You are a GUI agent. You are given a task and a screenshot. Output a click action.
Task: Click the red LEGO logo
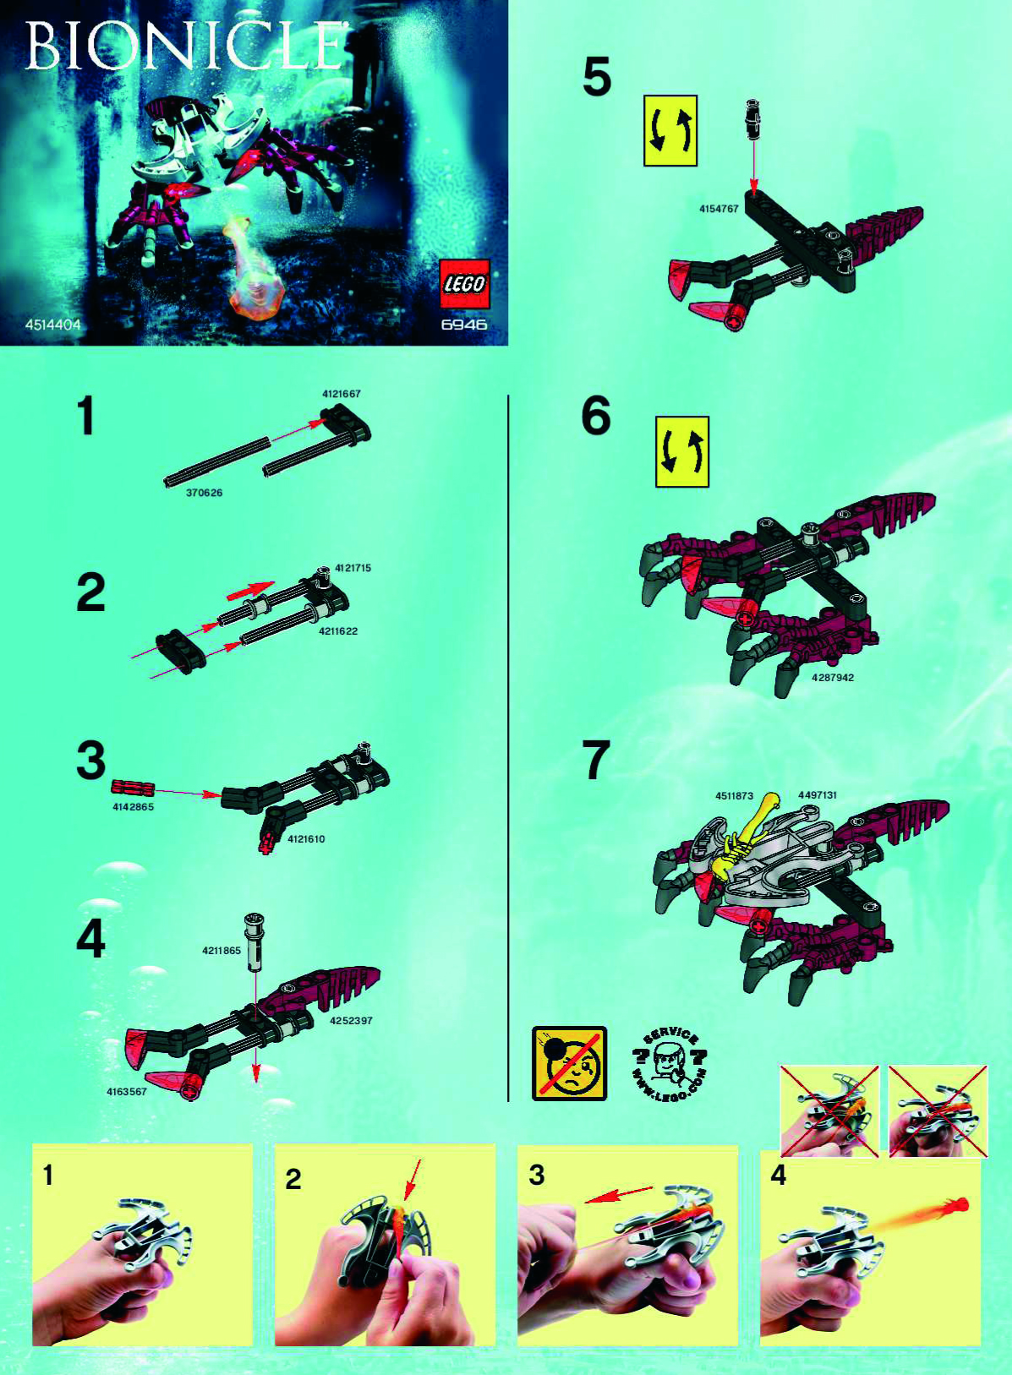click(464, 284)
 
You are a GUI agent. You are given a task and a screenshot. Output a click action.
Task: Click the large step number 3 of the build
click(90, 761)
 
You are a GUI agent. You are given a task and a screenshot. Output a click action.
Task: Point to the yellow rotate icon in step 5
click(670, 131)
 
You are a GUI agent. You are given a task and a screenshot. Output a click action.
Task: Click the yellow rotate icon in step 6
click(681, 452)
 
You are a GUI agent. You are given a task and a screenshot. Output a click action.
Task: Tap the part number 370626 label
click(204, 493)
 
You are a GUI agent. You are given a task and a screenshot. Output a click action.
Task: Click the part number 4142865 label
click(133, 807)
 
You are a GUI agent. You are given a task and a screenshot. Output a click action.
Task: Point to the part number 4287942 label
click(832, 678)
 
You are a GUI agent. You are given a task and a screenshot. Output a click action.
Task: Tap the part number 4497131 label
click(817, 795)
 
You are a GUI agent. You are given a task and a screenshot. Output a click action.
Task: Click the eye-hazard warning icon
click(569, 1063)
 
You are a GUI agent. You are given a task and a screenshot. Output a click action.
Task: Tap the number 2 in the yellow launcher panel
click(293, 1179)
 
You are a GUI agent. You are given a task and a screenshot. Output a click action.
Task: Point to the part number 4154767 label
click(719, 209)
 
